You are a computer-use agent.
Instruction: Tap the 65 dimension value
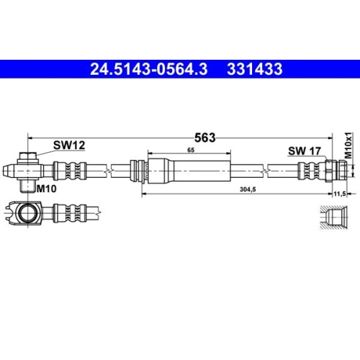pyautogui.click(x=190, y=150)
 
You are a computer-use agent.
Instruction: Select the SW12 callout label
pyautogui.click(x=69, y=145)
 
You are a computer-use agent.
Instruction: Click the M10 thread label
pyautogui.click(x=47, y=188)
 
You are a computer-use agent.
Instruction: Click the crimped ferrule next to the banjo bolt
pyautogui.click(x=69, y=171)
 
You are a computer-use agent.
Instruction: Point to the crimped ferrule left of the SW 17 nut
pyautogui.click(x=309, y=172)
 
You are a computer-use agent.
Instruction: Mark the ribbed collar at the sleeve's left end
pyautogui.click(x=137, y=171)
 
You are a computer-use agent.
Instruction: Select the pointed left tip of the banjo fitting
pyautogui.click(x=6, y=171)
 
